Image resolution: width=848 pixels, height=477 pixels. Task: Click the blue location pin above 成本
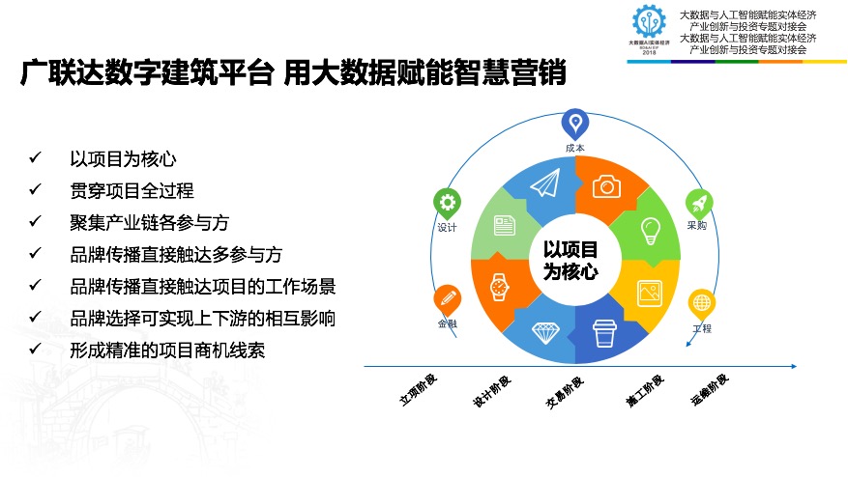pos(575,123)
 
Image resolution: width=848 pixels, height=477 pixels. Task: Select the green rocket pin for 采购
pos(699,202)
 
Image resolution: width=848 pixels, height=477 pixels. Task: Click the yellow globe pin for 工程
pos(702,302)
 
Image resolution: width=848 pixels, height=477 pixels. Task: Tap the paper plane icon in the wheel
pos(545,182)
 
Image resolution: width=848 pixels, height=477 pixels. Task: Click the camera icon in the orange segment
pos(606,185)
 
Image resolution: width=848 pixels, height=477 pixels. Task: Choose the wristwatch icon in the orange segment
pos(499,287)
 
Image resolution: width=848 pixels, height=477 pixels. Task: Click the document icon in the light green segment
pos(504,226)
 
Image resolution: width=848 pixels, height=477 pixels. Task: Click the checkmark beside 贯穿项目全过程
pos(36,188)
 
